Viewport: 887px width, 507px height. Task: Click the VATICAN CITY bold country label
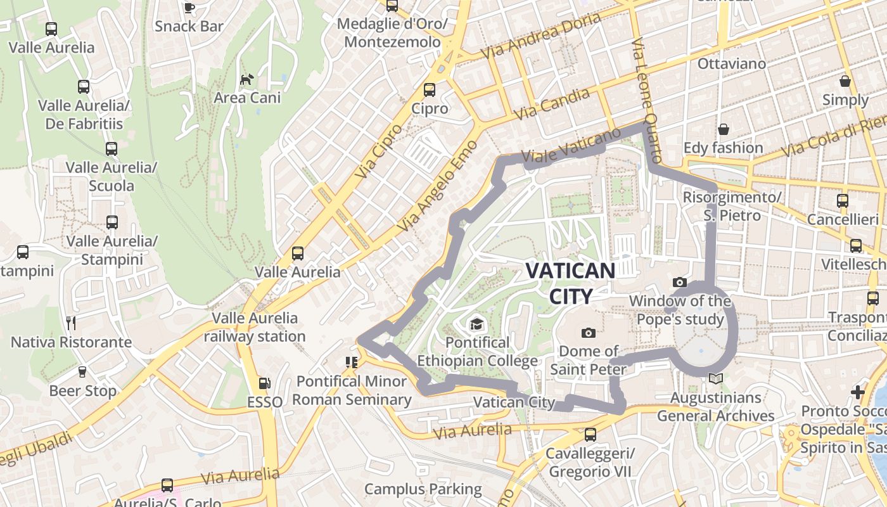click(570, 283)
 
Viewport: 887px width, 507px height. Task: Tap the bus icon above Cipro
click(430, 90)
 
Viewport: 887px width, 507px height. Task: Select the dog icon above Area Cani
click(246, 80)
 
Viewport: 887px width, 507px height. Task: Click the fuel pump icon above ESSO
click(264, 383)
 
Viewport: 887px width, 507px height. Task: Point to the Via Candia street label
click(552, 105)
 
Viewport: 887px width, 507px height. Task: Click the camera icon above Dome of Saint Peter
click(588, 333)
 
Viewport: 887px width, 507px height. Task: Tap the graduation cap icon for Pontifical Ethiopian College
click(476, 325)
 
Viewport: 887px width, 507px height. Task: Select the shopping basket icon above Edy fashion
click(723, 130)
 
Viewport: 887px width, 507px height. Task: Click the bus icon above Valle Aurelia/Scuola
click(112, 149)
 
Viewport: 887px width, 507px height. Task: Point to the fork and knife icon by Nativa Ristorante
click(71, 323)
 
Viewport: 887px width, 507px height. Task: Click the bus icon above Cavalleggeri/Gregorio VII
click(590, 435)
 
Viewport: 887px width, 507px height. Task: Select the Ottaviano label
click(731, 64)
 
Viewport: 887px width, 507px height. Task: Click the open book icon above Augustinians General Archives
click(716, 379)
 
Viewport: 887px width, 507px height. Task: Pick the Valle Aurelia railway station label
click(255, 327)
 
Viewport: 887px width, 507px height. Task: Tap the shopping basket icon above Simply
click(845, 81)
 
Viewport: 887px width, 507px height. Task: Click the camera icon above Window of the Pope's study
click(680, 282)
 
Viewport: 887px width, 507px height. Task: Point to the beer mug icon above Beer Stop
click(82, 372)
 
